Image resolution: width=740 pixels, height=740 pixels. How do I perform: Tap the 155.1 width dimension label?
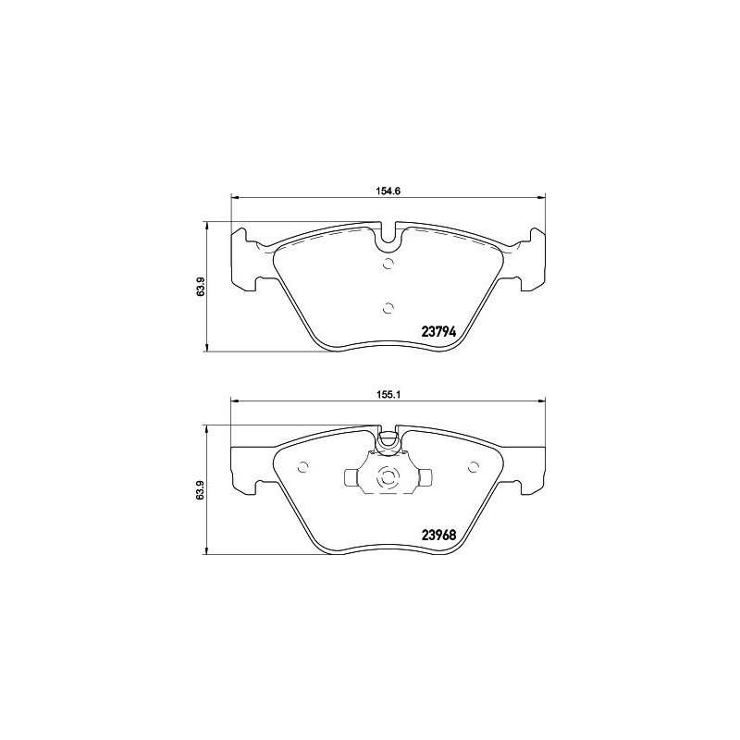[388, 392]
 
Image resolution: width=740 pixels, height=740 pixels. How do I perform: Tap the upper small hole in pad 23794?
[388, 265]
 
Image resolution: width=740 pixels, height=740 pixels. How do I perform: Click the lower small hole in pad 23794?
[388, 308]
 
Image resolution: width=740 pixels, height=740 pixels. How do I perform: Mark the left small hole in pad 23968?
[304, 465]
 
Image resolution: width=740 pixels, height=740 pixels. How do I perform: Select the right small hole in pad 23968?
[473, 465]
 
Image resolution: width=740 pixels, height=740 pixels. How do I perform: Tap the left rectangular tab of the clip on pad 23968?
[352, 478]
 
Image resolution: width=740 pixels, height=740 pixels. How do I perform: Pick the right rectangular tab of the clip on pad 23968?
[425, 478]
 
